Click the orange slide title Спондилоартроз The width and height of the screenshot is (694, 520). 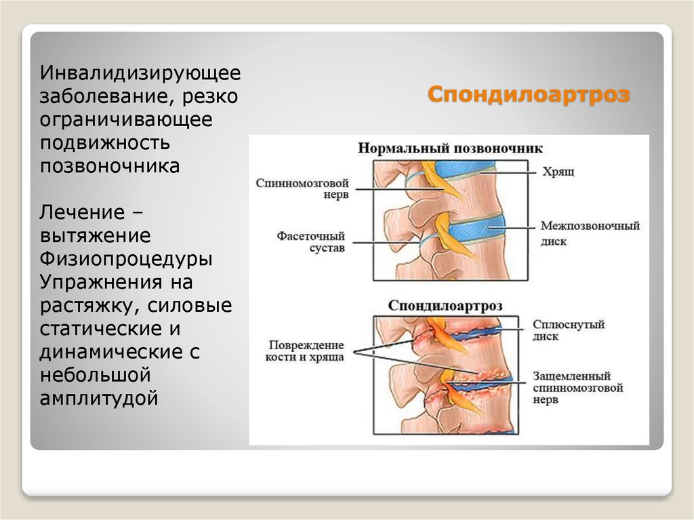(x=528, y=94)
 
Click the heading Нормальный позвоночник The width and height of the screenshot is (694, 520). (x=450, y=148)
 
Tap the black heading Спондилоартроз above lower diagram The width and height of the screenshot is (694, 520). (x=445, y=306)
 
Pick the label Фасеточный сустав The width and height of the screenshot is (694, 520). (x=310, y=242)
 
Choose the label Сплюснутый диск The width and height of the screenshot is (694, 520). (x=568, y=330)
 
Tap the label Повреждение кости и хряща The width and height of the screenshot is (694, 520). (x=304, y=350)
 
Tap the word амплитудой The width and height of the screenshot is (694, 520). (x=99, y=397)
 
